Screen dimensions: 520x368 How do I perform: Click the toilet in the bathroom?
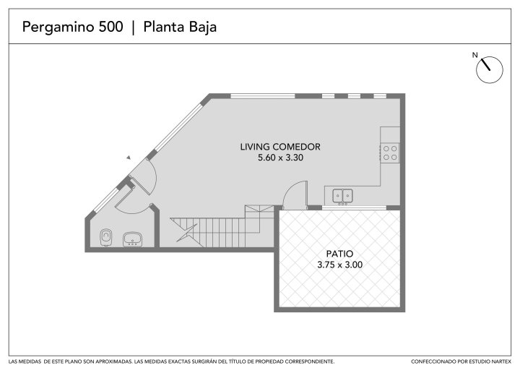pyautogui.click(x=105, y=237)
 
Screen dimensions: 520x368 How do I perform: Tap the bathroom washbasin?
pyautogui.click(x=133, y=239)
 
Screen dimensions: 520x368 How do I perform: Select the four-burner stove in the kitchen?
pyautogui.click(x=390, y=153)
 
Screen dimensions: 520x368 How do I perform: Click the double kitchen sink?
pyautogui.click(x=342, y=196)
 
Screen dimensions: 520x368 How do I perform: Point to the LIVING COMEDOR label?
pyautogui.click(x=280, y=147)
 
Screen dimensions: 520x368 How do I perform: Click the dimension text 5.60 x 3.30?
pyautogui.click(x=280, y=158)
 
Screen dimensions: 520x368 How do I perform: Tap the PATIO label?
pyautogui.click(x=339, y=254)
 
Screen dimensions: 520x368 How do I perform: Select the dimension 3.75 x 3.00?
pyautogui.click(x=339, y=265)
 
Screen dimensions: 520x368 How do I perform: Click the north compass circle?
pyautogui.click(x=490, y=69)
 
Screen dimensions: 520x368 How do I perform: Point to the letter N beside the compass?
pyautogui.click(x=475, y=55)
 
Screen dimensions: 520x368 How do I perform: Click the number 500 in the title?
pyautogui.click(x=110, y=27)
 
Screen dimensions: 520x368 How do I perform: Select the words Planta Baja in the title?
pyautogui.click(x=180, y=27)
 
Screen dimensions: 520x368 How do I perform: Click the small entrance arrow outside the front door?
pyautogui.click(x=129, y=158)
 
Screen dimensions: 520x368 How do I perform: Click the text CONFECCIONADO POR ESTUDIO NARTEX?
pyautogui.click(x=461, y=361)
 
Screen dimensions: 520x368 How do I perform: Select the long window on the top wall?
pyautogui.click(x=263, y=96)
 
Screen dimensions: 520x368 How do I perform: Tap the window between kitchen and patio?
pyautogui.click(x=354, y=208)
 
